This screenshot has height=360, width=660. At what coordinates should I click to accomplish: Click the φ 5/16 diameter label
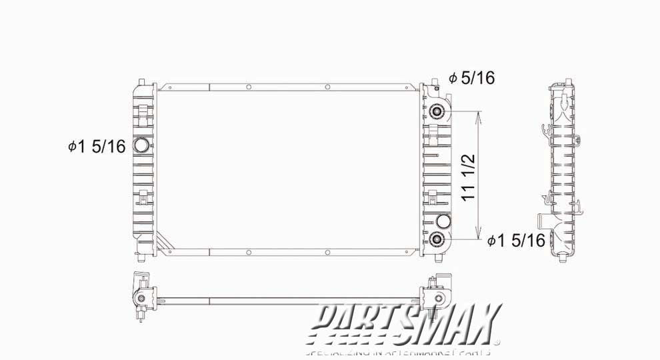click(472, 79)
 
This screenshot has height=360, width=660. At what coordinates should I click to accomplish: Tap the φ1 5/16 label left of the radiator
click(97, 147)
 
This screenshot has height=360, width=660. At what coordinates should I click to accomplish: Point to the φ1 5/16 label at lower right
click(517, 241)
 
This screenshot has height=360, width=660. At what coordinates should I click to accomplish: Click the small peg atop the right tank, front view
click(435, 81)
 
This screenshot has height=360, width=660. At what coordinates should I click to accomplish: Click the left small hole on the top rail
click(248, 87)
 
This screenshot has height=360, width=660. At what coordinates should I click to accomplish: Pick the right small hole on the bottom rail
click(328, 253)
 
